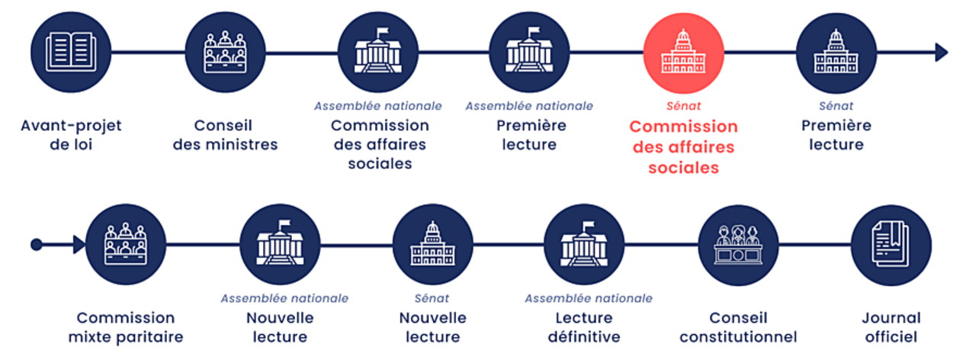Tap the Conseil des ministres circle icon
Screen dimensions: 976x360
(225, 53)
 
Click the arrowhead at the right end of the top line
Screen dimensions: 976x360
(941, 53)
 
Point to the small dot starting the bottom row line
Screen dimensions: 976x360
(36, 245)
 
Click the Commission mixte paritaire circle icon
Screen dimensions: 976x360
(126, 245)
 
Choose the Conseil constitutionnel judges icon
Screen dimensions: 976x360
(738, 245)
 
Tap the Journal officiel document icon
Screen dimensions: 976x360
(891, 245)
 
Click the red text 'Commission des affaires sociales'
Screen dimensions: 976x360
(684, 146)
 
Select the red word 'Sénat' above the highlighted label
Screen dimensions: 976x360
(684, 106)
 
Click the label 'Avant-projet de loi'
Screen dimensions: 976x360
(71, 134)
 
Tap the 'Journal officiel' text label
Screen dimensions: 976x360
(891, 326)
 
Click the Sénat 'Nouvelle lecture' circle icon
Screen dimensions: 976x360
(432, 245)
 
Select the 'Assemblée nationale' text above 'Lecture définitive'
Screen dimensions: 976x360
(588, 298)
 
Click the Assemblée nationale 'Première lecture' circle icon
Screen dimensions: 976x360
(529, 53)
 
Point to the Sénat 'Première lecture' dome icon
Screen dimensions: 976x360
(836, 53)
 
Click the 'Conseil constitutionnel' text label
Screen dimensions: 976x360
(738, 326)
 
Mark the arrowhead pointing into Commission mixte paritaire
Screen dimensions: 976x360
(79, 245)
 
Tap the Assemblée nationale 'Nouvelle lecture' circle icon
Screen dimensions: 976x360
(280, 245)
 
